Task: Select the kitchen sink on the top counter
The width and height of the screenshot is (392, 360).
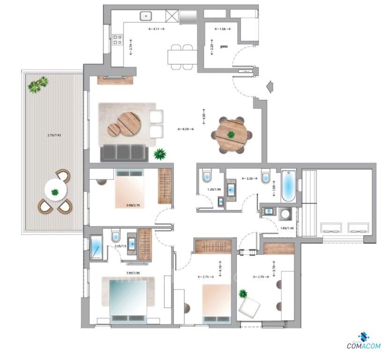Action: click(x=148, y=16)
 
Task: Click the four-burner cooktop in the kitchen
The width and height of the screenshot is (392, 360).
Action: click(x=117, y=41)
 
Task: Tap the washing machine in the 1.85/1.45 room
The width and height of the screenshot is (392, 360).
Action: click(x=285, y=214)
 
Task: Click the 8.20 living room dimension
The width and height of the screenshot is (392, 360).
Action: click(x=185, y=128)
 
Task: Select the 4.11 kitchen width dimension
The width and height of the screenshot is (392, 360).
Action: click(x=156, y=30)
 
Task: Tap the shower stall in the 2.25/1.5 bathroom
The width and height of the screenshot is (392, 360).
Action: click(x=96, y=247)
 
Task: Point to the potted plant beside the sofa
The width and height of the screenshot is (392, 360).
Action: click(x=160, y=153)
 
